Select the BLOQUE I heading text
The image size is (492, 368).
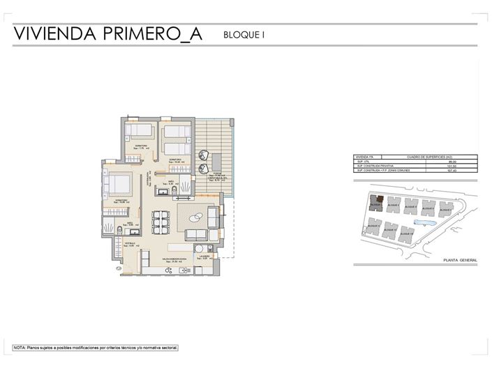coord(244,34)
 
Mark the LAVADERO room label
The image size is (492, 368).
coord(204,256)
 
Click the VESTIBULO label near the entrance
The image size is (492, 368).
coord(131,243)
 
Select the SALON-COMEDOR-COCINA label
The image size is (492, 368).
coord(174,259)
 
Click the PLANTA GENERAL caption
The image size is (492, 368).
coord(459,260)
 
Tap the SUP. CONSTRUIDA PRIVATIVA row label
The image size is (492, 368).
coord(377,166)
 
